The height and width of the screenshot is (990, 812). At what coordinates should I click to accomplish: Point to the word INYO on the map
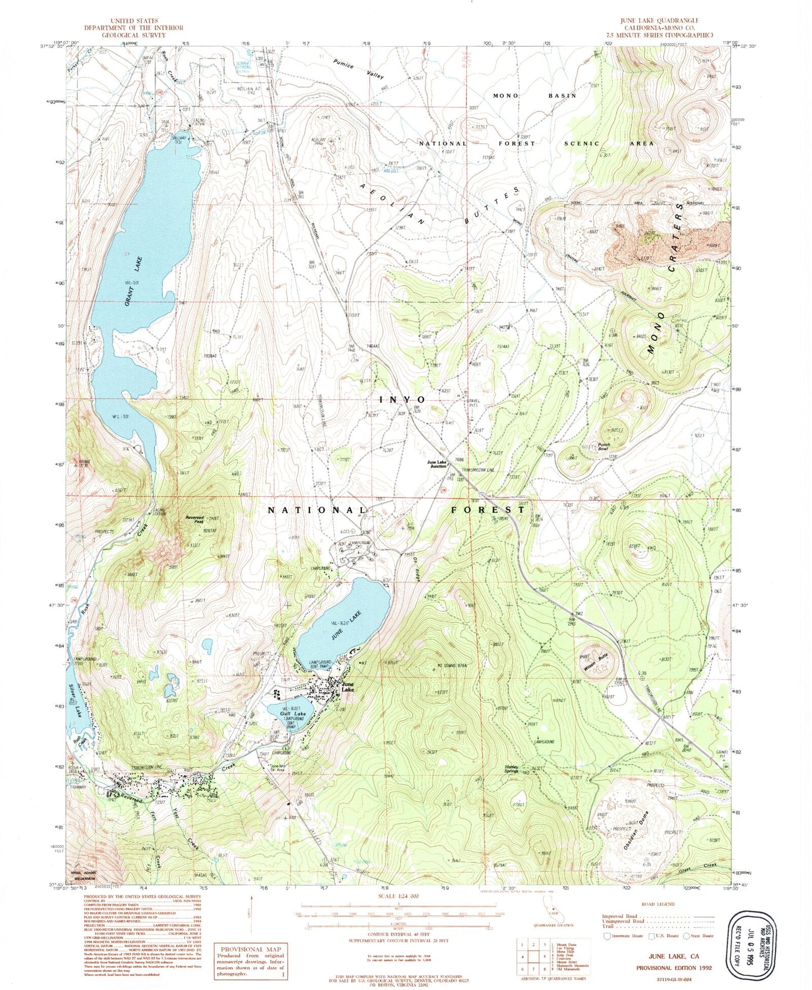pyautogui.click(x=403, y=399)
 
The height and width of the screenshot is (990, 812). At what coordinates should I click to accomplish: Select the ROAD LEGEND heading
pyautogui.click(x=657, y=904)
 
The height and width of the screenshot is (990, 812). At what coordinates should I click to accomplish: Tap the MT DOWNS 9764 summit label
pyautogui.click(x=452, y=666)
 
